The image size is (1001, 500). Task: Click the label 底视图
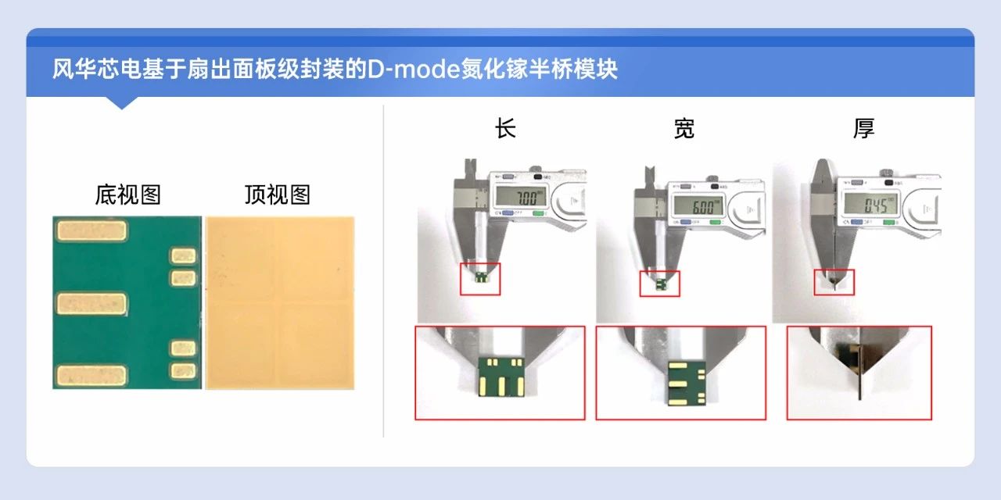tap(127, 195)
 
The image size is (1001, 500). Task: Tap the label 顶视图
tap(278, 195)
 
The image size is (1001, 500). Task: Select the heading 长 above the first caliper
tap(506, 129)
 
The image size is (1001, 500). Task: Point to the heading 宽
tap(683, 129)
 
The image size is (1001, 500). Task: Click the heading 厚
tap(863, 129)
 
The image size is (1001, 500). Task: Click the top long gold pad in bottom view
tap(91, 230)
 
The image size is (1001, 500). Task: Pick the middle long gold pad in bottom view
tap(91, 303)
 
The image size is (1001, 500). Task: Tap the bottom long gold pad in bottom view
tap(91, 376)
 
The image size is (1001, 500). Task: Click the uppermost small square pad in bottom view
tap(183, 255)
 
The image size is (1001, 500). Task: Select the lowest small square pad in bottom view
tap(183, 371)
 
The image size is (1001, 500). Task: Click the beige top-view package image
tap(279, 303)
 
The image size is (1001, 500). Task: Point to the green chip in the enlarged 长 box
tap(500, 376)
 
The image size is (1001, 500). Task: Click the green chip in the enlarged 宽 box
tap(680, 383)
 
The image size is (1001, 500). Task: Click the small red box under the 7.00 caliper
tap(480, 279)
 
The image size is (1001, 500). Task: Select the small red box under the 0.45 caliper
tap(834, 282)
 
